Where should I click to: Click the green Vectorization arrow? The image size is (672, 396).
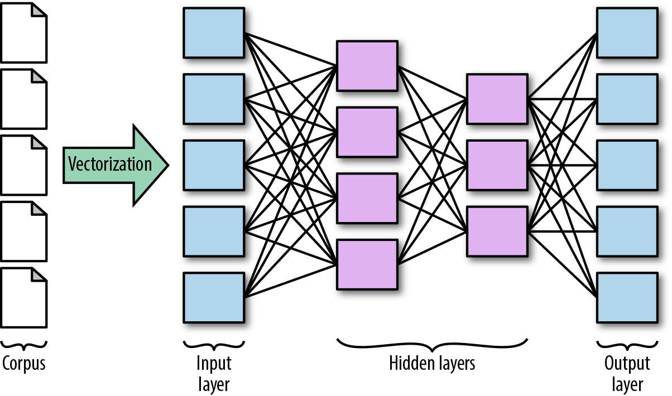click(114, 165)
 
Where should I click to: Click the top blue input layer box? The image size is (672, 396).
click(214, 32)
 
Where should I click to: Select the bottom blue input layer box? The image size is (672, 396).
click(214, 297)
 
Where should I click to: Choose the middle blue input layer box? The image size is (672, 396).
click(214, 165)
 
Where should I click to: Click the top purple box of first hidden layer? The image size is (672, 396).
click(367, 65)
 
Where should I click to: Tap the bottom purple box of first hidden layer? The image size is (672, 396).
click(367, 265)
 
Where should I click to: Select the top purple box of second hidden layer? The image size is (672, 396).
click(497, 99)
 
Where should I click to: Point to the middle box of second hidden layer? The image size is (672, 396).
click(497, 165)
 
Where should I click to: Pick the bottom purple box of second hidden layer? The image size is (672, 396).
click(497, 231)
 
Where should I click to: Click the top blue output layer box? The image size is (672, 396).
click(627, 32)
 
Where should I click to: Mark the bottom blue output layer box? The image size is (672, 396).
click(627, 297)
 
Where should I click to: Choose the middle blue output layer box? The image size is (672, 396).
click(627, 165)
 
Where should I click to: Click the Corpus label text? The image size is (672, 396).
click(24, 364)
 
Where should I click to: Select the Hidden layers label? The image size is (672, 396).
click(432, 364)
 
